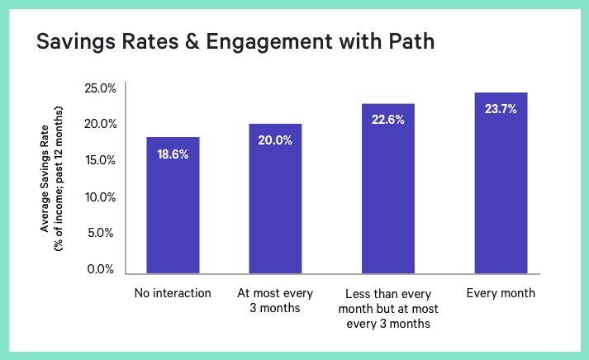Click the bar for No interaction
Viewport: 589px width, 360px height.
(x=173, y=206)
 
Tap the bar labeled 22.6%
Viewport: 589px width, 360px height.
(x=388, y=189)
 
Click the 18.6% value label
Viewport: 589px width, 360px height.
(x=173, y=154)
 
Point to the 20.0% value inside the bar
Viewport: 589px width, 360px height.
(x=276, y=140)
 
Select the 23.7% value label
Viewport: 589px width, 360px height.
(x=501, y=109)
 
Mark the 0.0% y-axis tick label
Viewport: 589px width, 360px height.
(x=102, y=269)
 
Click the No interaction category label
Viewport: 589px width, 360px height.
(x=173, y=293)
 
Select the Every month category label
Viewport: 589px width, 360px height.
(x=501, y=293)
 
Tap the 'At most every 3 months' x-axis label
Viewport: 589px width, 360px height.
(x=276, y=301)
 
